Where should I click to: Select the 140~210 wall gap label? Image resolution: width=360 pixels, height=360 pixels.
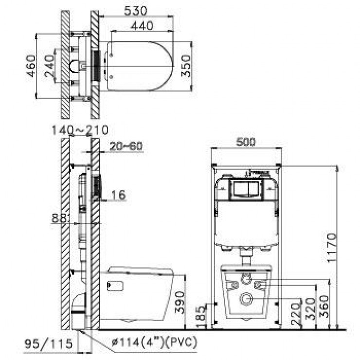point(81,130)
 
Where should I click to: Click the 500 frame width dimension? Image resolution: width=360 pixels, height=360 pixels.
point(246,142)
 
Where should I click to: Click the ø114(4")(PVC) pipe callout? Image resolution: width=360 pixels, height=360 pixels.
point(146,342)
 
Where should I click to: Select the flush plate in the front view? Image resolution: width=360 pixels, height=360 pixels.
point(246,188)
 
